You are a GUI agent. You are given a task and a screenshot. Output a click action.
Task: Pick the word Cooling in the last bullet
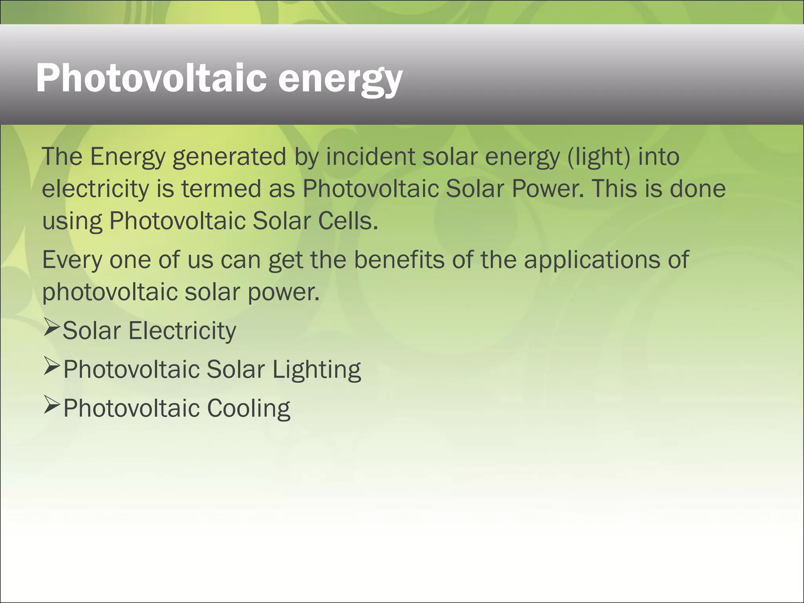click(x=249, y=409)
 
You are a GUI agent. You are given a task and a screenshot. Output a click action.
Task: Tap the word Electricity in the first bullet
click(x=182, y=331)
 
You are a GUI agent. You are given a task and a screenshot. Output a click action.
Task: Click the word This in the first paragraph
click(x=615, y=189)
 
